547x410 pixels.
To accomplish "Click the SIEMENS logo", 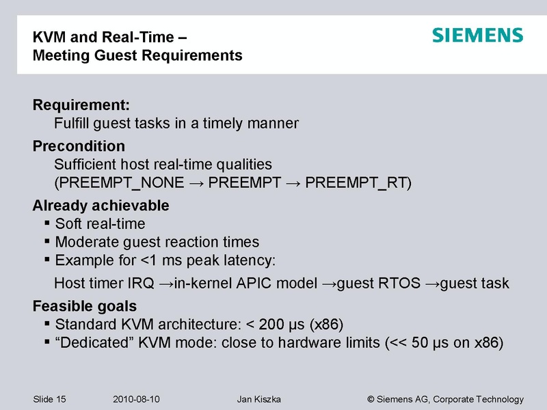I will point(477,36).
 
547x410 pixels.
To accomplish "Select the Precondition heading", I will point(79,146).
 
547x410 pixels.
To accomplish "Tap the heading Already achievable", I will point(101,206).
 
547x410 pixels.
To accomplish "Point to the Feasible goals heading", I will point(85,305).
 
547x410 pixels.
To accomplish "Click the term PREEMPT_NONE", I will point(118,183).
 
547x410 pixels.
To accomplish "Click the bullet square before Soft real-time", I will point(46,223).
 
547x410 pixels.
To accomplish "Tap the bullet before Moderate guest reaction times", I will point(46,241).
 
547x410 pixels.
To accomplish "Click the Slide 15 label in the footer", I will point(53,399).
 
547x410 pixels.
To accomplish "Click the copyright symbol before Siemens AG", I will point(371,399).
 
